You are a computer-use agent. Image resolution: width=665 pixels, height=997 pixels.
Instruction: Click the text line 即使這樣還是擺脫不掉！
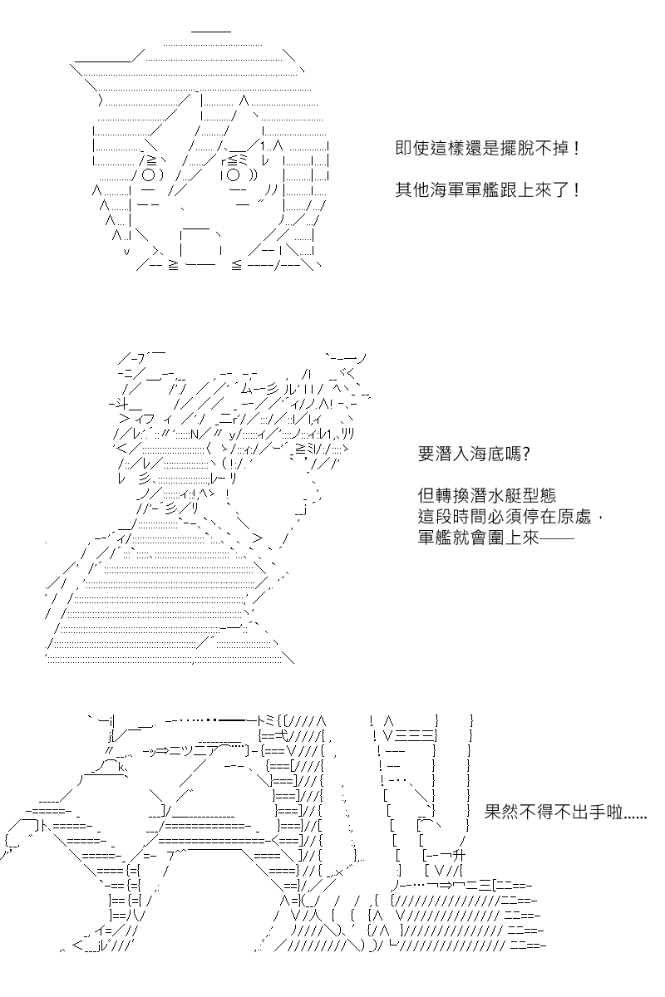[x=488, y=148]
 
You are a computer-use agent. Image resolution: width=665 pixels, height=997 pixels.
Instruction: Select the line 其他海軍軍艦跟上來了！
[x=488, y=190]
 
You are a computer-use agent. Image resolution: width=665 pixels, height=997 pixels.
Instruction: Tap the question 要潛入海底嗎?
[x=474, y=454]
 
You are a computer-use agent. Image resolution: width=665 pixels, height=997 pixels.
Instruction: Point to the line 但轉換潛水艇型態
[x=487, y=495]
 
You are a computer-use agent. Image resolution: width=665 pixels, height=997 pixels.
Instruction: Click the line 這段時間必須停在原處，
[x=511, y=516]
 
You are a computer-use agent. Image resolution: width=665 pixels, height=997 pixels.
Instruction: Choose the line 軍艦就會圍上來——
[x=495, y=538]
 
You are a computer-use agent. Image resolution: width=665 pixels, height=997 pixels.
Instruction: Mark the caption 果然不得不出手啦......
[x=554, y=812]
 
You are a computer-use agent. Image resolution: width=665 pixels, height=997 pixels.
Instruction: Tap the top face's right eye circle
[x=233, y=175]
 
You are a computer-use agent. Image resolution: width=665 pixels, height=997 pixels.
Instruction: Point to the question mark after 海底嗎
[x=526, y=454]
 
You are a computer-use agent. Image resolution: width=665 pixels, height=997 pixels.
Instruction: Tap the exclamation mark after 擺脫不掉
[x=577, y=148]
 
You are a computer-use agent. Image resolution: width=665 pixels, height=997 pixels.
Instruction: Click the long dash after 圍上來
[x=557, y=538]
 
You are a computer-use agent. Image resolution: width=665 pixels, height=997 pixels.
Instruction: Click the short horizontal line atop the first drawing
[x=211, y=32]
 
